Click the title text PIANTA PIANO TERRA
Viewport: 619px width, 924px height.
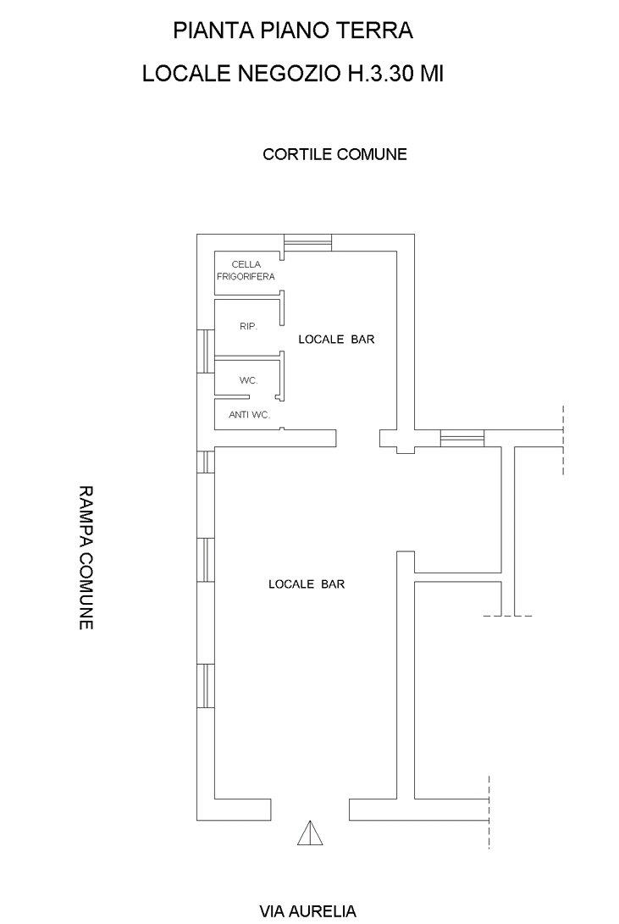pyautogui.click(x=293, y=30)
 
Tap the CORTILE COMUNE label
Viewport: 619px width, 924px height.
pyautogui.click(x=334, y=154)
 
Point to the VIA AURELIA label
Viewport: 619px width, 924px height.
pyautogui.click(x=308, y=911)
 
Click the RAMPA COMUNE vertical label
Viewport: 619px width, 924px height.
pyautogui.click(x=86, y=557)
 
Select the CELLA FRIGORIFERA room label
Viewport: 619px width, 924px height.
pyautogui.click(x=246, y=270)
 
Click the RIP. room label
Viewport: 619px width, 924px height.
pyautogui.click(x=249, y=326)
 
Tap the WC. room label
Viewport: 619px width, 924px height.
pyautogui.click(x=249, y=380)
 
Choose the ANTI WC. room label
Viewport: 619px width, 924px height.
pyautogui.click(x=249, y=415)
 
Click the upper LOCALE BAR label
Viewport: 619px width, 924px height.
pyautogui.click(x=336, y=340)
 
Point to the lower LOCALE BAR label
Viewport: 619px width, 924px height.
pyautogui.click(x=307, y=584)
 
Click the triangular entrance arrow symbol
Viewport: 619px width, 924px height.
pyautogui.click(x=310, y=833)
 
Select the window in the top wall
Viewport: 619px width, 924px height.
pyautogui.click(x=307, y=242)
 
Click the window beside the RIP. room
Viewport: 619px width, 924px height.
pyautogui.click(x=206, y=351)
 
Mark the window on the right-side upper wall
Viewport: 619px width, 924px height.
pyautogui.click(x=462, y=438)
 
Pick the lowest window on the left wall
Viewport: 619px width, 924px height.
pyautogui.click(x=206, y=685)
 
